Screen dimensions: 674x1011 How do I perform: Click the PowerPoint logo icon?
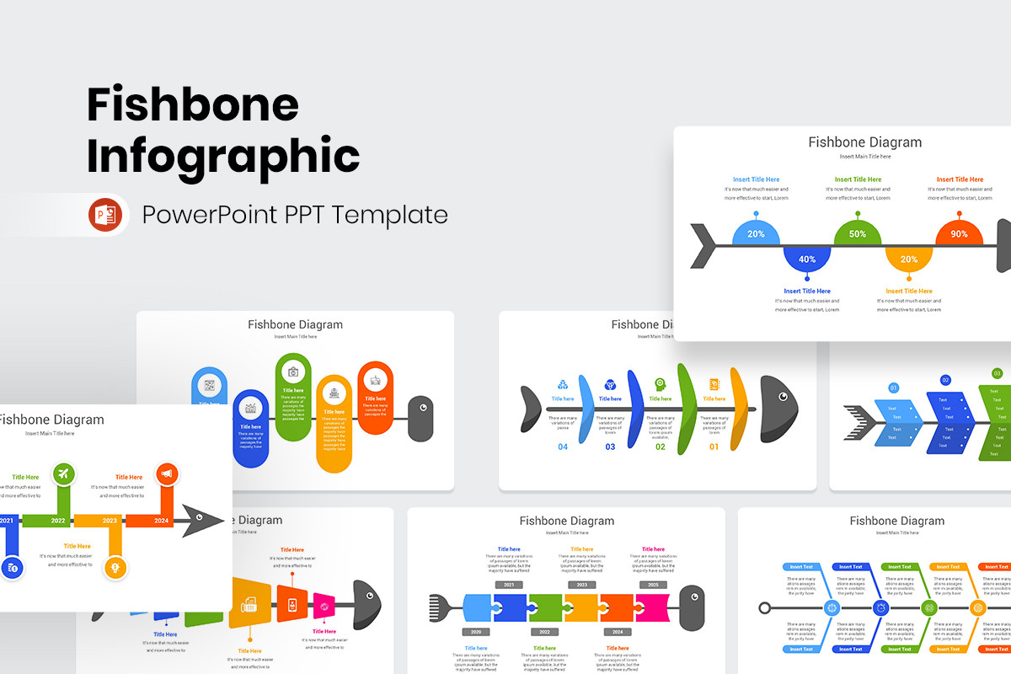(x=105, y=215)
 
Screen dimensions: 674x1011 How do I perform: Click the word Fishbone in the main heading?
(x=193, y=104)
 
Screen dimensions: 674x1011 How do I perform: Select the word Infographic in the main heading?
(x=223, y=157)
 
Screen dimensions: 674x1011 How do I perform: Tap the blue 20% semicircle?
(x=757, y=233)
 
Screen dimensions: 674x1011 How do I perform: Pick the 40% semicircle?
(x=807, y=259)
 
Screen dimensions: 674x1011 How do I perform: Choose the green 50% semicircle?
(x=858, y=233)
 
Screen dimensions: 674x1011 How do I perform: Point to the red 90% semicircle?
(x=959, y=233)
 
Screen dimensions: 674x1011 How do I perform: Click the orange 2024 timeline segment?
(x=161, y=521)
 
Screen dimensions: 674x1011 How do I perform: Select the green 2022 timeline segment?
(x=58, y=521)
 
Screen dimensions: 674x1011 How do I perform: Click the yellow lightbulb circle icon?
(x=114, y=568)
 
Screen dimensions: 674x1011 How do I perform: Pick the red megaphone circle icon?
(x=166, y=473)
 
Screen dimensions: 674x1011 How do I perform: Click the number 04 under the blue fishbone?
(x=563, y=447)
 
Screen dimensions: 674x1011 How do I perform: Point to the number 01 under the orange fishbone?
(x=714, y=447)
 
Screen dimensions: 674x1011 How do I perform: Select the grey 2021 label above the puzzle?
(x=509, y=584)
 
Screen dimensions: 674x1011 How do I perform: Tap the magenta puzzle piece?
(x=652, y=607)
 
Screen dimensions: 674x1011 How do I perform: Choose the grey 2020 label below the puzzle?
(x=476, y=631)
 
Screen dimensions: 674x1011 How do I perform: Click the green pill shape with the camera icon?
(x=293, y=396)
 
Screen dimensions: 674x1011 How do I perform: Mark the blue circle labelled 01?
(x=895, y=388)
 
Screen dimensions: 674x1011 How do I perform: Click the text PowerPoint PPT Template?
(x=295, y=215)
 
